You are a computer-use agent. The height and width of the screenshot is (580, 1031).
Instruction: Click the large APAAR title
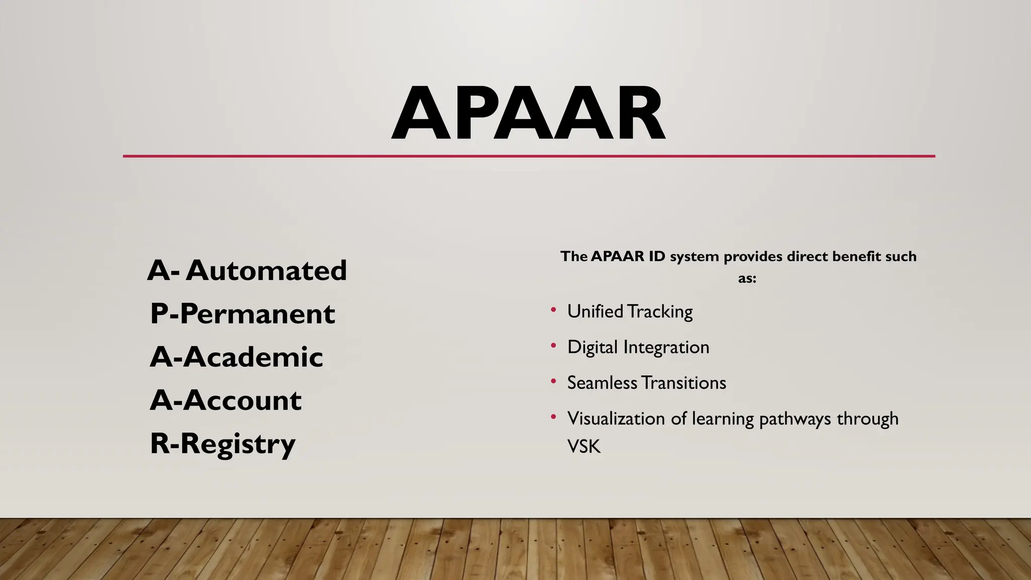pyautogui.click(x=529, y=114)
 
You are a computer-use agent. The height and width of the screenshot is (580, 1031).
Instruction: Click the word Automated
pyautogui.click(x=266, y=270)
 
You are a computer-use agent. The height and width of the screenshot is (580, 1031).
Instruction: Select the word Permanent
pyautogui.click(x=257, y=314)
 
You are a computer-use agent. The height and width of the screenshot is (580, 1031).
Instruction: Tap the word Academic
pyautogui.click(x=253, y=357)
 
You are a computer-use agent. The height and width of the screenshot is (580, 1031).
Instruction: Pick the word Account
pyautogui.click(x=242, y=400)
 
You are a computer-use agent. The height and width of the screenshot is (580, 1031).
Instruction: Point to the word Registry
pyautogui.click(x=238, y=444)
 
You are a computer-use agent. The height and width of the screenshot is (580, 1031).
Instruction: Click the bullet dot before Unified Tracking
pyautogui.click(x=553, y=310)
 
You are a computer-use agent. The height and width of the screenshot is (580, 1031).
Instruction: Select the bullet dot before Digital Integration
pyautogui.click(x=553, y=345)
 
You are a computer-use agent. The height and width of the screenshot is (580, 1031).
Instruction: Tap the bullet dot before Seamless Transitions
pyautogui.click(x=553, y=381)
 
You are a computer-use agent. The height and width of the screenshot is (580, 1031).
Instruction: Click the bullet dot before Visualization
pyautogui.click(x=553, y=417)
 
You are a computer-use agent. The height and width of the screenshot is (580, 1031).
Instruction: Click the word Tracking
pyautogui.click(x=660, y=312)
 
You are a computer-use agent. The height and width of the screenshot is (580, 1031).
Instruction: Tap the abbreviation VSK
pyautogui.click(x=584, y=447)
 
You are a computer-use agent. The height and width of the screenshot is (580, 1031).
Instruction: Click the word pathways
pyautogui.click(x=795, y=419)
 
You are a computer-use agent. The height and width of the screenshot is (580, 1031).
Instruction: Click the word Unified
pyautogui.click(x=595, y=312)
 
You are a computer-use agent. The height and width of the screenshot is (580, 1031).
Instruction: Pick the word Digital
pyautogui.click(x=592, y=347)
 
